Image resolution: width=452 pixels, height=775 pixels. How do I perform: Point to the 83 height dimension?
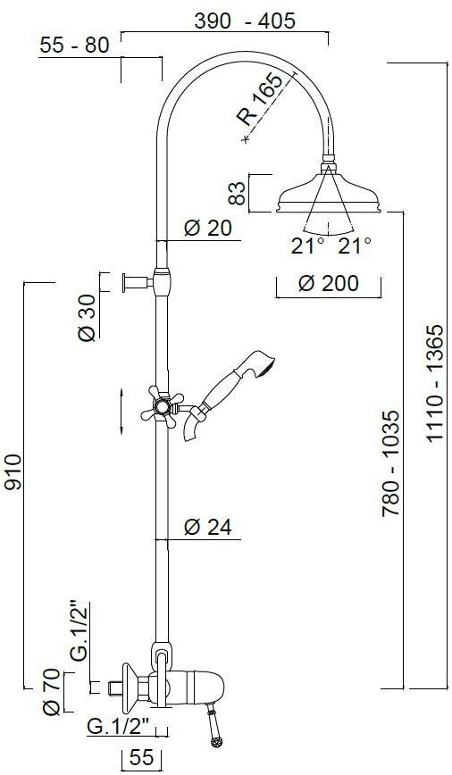[237, 193]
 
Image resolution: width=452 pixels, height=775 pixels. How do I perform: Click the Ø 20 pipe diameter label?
[207, 228]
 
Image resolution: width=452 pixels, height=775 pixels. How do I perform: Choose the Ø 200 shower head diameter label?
[328, 283]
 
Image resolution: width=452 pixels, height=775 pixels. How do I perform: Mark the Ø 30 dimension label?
[87, 317]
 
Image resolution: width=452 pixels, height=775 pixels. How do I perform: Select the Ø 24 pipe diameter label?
[207, 528]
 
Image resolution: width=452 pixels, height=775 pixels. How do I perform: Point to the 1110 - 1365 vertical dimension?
[436, 383]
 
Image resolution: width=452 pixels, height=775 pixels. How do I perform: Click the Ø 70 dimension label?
[52, 691]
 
